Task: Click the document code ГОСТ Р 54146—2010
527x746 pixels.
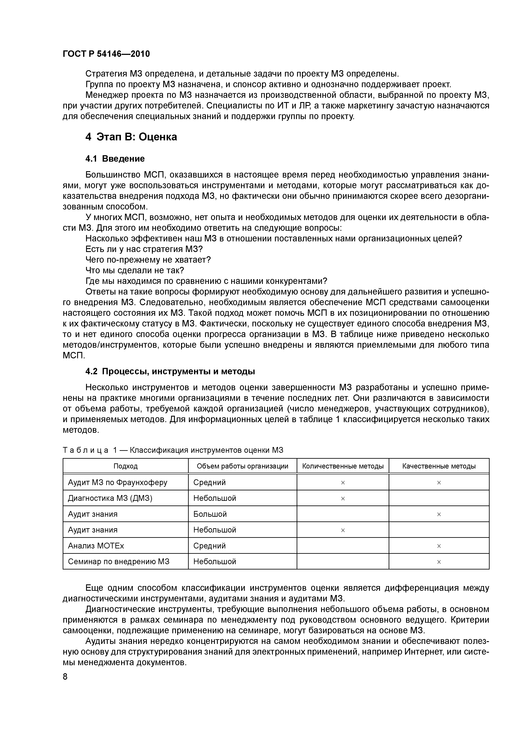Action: pos(106,54)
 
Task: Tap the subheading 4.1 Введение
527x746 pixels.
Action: pos(115,159)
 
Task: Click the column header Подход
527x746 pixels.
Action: pos(125,466)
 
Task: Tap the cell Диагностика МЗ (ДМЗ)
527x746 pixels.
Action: pos(110,498)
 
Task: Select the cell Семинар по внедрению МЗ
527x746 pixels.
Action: pos(119,561)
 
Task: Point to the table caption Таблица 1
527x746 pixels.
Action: pos(173,450)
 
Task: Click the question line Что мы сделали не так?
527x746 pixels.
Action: pos(135,270)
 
